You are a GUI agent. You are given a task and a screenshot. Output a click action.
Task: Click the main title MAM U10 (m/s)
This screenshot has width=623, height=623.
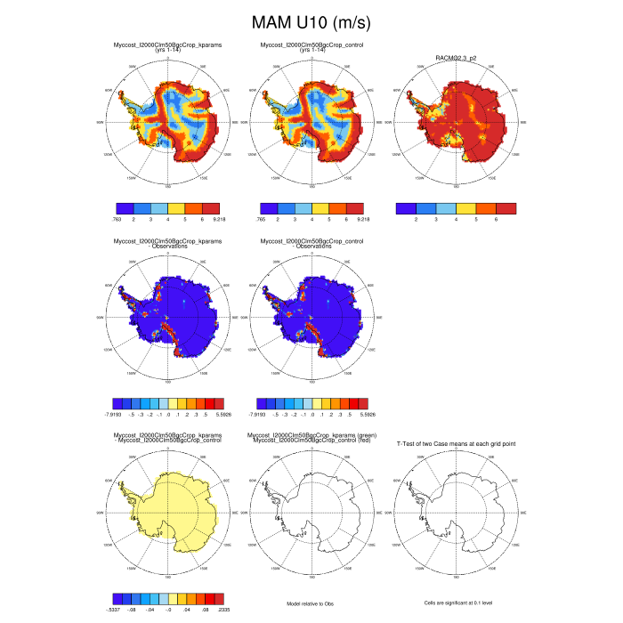(311, 21)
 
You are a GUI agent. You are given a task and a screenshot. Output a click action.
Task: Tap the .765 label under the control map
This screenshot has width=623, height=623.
(261, 218)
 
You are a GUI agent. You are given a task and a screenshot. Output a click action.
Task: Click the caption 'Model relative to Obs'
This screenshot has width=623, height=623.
(311, 603)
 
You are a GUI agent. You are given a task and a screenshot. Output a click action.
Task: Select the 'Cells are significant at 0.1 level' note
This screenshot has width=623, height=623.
(455, 603)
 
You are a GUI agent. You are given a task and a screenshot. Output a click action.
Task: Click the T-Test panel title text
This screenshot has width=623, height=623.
(455, 442)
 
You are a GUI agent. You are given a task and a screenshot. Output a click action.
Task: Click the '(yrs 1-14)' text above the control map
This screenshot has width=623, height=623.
(311, 50)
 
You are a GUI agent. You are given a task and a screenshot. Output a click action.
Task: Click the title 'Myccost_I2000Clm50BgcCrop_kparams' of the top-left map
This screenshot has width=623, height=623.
(168, 44)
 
